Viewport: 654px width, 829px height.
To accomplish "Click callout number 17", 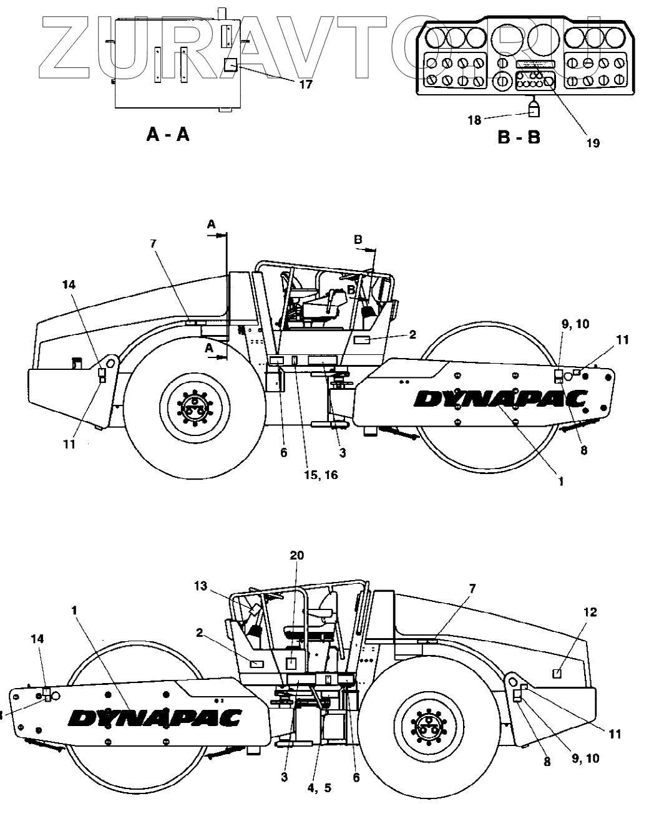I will click(305, 84).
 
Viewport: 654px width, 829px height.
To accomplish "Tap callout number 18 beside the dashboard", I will click(475, 119).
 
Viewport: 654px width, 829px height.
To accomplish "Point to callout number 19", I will click(593, 143).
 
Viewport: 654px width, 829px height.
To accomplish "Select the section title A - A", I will click(167, 134).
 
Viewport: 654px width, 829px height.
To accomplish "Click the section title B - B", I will click(519, 137).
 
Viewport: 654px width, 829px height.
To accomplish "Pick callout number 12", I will click(590, 613).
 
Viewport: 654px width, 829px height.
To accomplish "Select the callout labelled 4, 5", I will click(319, 788).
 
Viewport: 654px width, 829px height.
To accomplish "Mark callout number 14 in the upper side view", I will click(69, 284).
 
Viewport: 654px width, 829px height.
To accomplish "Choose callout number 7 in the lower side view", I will click(472, 588).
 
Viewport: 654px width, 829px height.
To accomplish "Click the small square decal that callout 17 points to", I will click(230, 64).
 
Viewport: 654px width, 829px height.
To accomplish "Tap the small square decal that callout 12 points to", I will click(559, 672).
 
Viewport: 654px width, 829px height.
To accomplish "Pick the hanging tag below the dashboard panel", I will click(533, 110).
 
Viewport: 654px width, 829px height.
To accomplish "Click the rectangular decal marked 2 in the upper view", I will click(363, 339).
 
